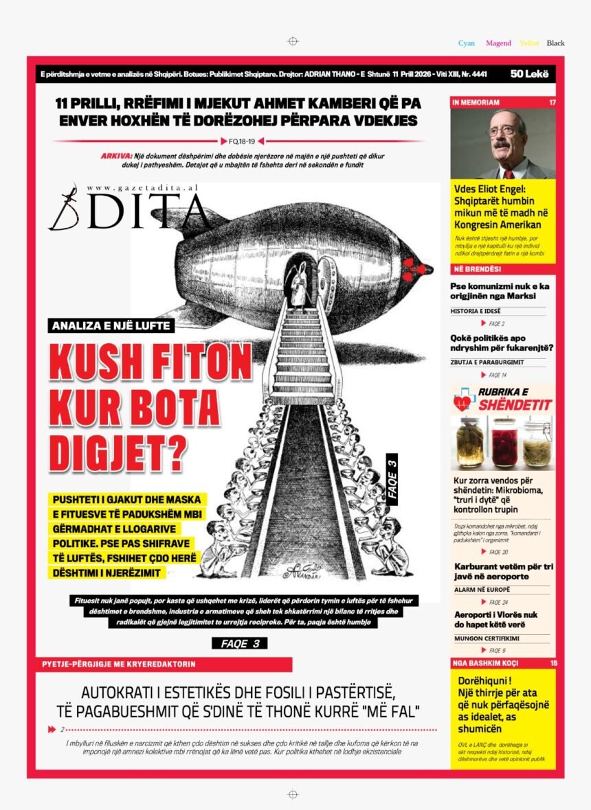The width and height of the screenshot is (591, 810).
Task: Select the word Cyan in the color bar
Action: tap(467, 43)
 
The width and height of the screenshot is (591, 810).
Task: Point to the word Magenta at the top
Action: tap(498, 43)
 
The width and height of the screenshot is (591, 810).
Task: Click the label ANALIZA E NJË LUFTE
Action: tap(111, 326)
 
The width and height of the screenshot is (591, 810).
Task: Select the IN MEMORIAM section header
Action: tap(476, 102)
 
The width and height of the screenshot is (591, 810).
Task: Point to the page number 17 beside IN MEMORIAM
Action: tap(552, 102)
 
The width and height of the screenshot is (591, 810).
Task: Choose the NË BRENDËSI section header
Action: tap(476, 268)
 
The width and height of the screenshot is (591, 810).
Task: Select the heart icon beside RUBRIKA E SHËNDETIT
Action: tap(463, 400)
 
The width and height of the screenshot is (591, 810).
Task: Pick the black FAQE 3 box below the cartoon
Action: tap(239, 643)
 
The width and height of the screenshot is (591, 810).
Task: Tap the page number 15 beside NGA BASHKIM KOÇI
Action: tap(553, 663)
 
